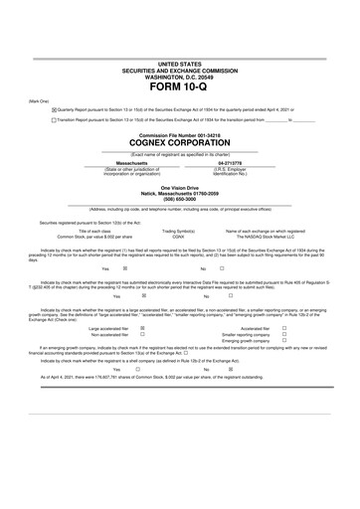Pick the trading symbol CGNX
click(x=178, y=237)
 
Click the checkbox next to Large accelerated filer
click(x=143, y=327)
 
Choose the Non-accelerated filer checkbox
click(x=143, y=334)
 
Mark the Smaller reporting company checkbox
click(x=284, y=334)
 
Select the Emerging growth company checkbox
click(x=284, y=341)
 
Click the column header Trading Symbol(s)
click(x=178, y=231)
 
